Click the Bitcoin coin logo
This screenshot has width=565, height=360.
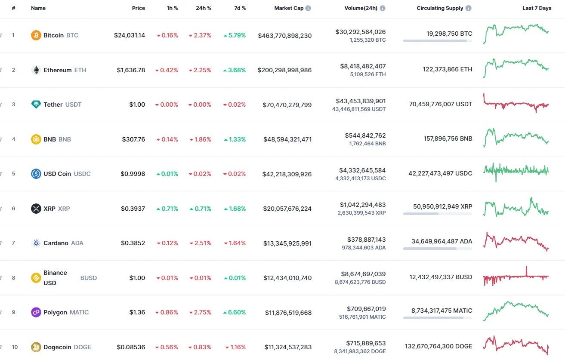coord(36,35)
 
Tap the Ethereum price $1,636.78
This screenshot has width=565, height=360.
coord(131,70)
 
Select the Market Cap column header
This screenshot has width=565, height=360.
coord(289,8)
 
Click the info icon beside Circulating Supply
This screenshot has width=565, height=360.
coord(468,8)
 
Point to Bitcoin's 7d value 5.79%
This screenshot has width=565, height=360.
coord(235,35)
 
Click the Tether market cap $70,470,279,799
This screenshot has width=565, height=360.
coord(287,105)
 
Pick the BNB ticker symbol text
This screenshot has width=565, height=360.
coord(65,139)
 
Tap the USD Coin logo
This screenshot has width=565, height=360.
coord(36,174)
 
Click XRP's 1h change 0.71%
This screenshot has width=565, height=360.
coord(167,209)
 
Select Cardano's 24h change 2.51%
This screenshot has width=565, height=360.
coord(200,243)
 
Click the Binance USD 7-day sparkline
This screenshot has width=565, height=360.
coord(516,277)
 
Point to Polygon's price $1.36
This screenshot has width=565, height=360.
coord(137,312)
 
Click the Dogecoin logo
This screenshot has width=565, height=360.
coord(36,347)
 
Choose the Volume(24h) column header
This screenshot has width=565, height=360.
coord(361,8)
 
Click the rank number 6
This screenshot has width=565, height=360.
coord(13,209)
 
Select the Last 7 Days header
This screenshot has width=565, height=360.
coord(537,8)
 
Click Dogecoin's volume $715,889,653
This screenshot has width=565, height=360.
coord(366,343)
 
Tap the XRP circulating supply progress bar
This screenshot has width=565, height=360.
coord(437,214)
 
